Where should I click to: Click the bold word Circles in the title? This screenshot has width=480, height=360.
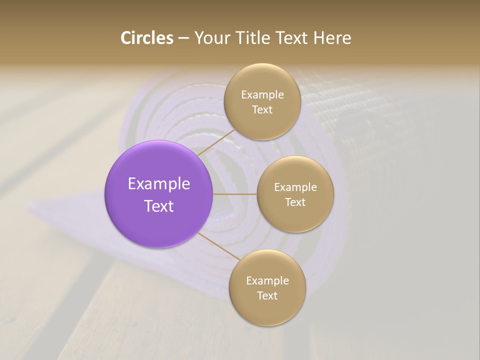[x=147, y=38]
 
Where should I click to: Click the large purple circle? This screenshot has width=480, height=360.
[x=159, y=194]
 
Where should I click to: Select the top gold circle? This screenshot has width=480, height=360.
[x=262, y=101]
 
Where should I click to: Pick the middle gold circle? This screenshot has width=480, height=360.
[x=295, y=194]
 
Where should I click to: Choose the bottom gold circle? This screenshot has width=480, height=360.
[x=267, y=287]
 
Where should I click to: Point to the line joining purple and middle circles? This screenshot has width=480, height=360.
[x=235, y=194]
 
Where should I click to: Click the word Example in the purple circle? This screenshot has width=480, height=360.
[x=159, y=184]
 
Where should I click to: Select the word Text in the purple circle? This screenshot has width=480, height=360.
[x=159, y=206]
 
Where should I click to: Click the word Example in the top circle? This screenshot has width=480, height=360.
[x=262, y=94]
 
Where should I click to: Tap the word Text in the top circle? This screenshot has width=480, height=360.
[x=262, y=109]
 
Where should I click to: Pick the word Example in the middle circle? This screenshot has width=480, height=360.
[x=295, y=187]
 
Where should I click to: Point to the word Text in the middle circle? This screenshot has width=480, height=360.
[x=295, y=202]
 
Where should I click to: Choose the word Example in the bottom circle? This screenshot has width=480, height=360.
[x=267, y=280]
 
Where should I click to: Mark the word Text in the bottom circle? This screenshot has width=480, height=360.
[x=267, y=295]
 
